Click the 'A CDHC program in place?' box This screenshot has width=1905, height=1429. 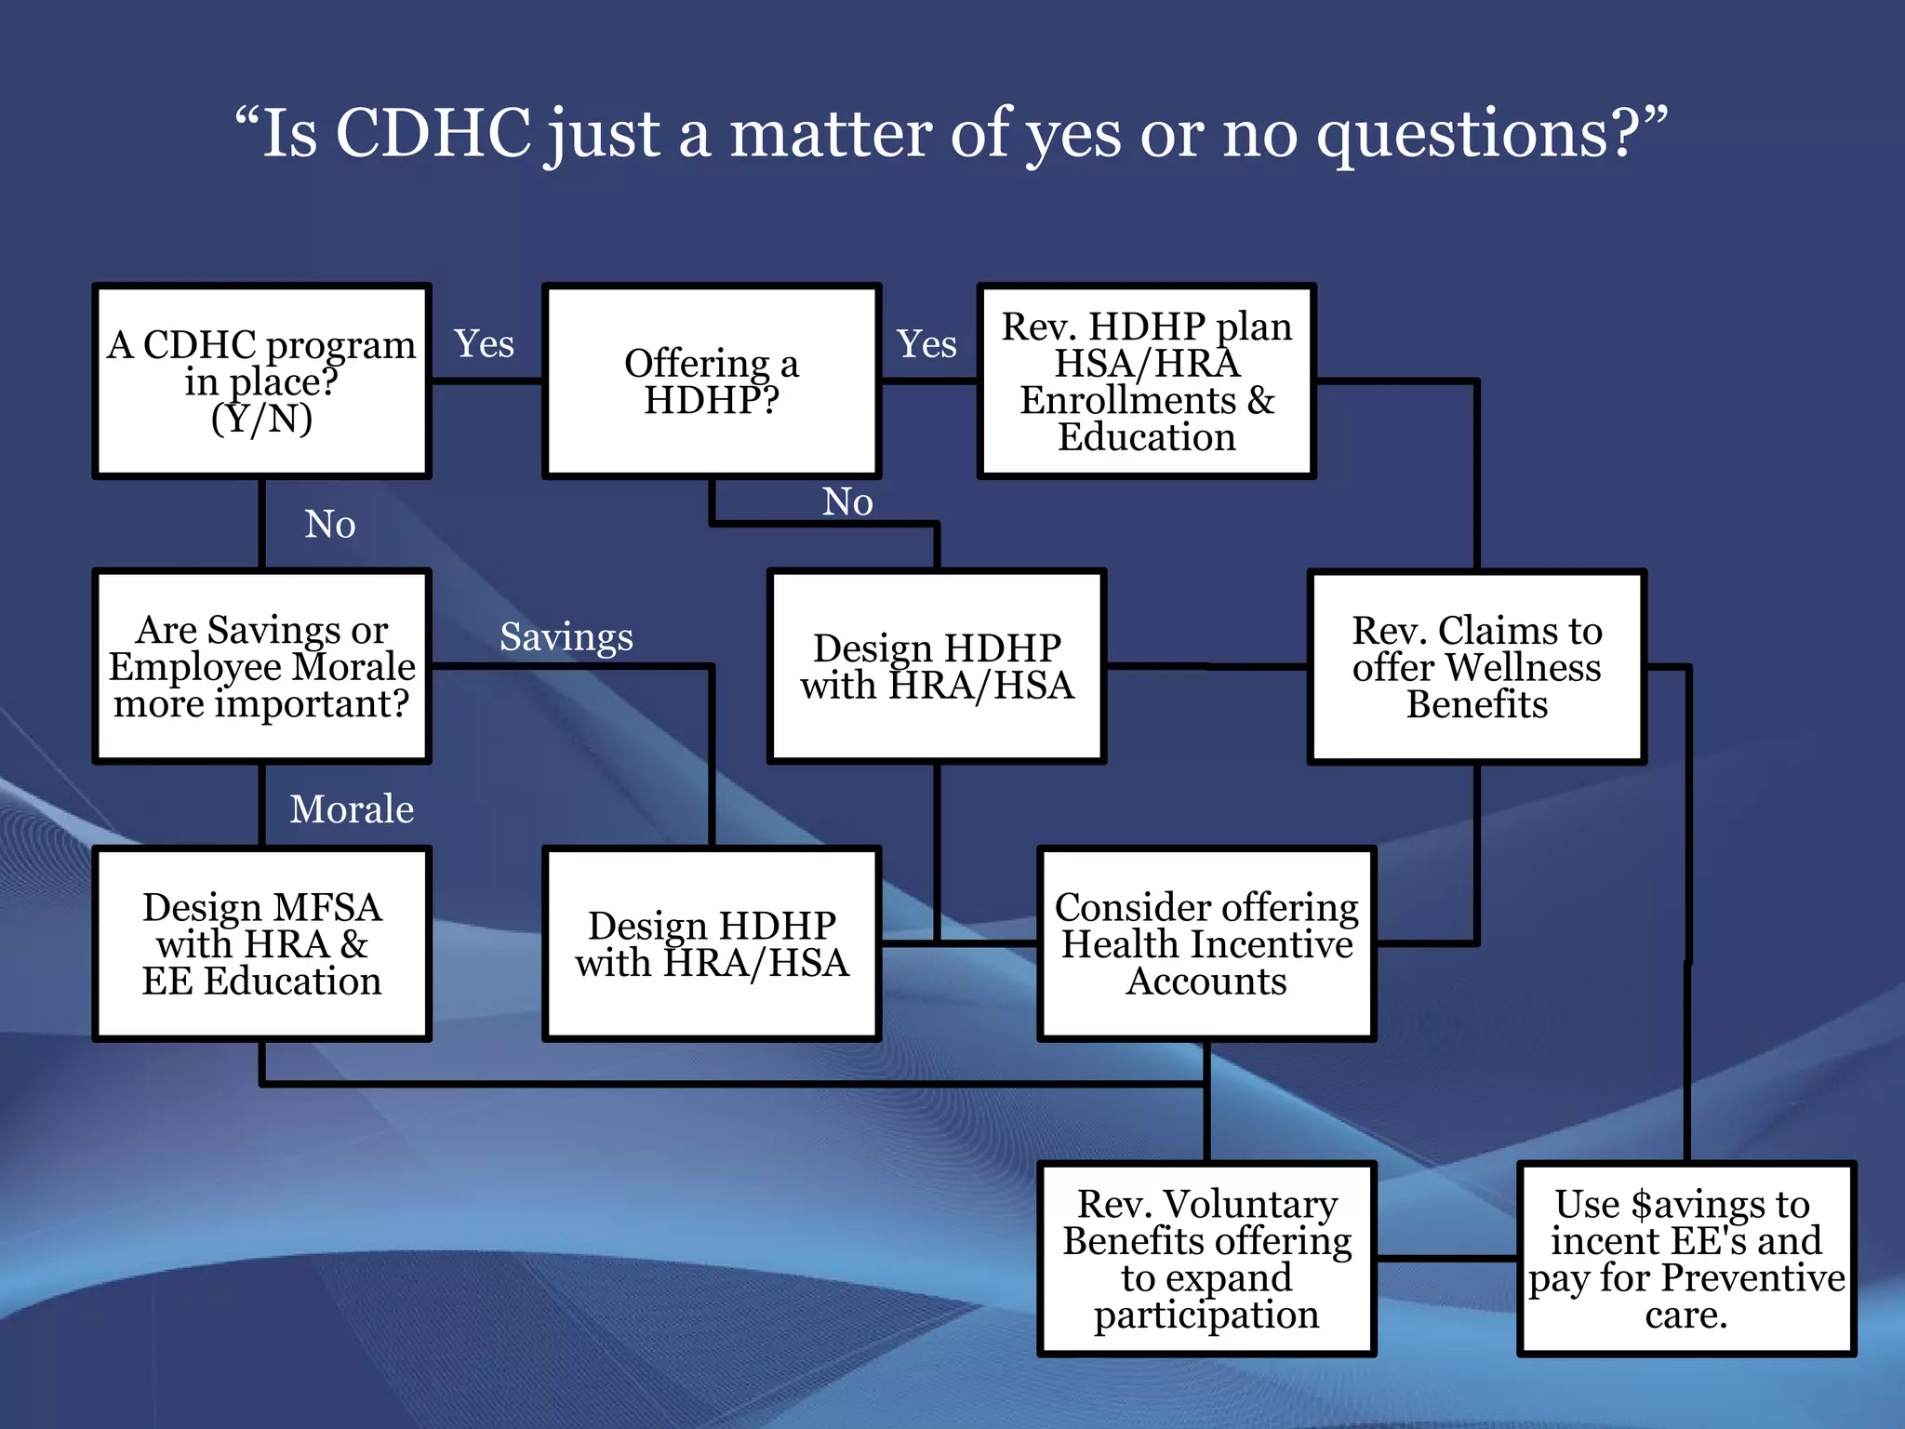[x=261, y=381]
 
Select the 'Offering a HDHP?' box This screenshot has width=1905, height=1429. [x=712, y=381]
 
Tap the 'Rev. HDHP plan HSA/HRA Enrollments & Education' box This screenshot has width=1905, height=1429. [x=1146, y=381]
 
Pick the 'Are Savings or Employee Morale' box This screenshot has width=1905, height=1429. [x=261, y=666]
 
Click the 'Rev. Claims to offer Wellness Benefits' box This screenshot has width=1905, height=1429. [x=1476, y=666]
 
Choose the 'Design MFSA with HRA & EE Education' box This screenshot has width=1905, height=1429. [x=261, y=943]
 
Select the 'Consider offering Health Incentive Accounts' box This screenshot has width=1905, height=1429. [x=1206, y=943]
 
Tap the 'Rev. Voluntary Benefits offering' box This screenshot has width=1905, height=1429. [x=1206, y=1259]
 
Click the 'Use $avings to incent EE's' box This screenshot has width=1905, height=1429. [x=1685, y=1259]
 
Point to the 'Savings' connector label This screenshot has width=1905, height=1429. [x=566, y=637]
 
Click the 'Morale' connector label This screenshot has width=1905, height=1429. [x=352, y=809]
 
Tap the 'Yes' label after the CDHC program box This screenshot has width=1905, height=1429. [x=484, y=344]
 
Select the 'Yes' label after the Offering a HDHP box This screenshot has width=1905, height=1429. [x=926, y=344]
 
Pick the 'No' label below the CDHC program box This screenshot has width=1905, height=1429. [x=329, y=525]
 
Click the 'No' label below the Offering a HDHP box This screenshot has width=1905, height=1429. [x=847, y=502]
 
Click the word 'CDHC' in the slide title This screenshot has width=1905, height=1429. [x=433, y=133]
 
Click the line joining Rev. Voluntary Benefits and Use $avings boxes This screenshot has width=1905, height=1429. [x=1446, y=1259]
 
